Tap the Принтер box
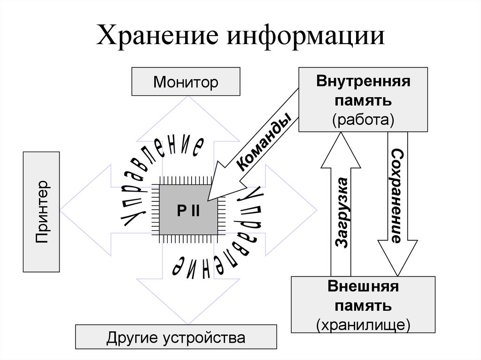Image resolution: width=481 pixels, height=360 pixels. [41, 212]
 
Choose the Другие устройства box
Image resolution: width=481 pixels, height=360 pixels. [176, 337]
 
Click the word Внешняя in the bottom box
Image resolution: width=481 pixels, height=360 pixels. [363, 286]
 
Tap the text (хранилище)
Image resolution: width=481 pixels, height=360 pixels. [363, 323]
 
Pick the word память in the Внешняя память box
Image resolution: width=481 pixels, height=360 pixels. [363, 305]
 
